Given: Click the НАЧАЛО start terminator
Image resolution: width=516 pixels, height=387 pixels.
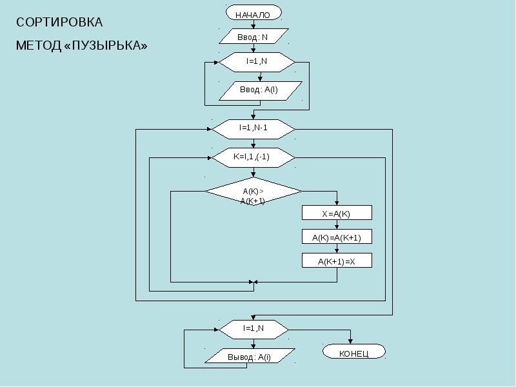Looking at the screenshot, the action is coord(253,13).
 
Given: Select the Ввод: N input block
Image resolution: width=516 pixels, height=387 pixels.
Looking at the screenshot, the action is coord(253,36).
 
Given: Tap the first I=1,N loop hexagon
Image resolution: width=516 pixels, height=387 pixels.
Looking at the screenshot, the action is coord(257,62).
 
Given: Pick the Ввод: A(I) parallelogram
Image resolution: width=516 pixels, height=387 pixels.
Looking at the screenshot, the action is coord(261,91).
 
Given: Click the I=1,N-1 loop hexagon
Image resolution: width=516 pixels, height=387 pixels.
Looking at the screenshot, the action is coord(253,129).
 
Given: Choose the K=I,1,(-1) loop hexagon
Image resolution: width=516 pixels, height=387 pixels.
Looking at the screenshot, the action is coord(253,157).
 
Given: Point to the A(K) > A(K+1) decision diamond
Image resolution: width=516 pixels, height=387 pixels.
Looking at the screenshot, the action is coord(253,192).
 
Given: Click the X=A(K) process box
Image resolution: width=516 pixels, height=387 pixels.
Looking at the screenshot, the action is coord(337,213).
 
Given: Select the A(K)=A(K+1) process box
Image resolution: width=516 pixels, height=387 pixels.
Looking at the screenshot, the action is coord(337,237).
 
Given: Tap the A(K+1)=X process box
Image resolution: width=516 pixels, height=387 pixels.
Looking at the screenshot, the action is coord(337,261).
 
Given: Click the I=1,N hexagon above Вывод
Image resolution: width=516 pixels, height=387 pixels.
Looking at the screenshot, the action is coord(253,330).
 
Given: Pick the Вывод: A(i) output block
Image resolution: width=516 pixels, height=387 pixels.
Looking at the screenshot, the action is coord(250,356).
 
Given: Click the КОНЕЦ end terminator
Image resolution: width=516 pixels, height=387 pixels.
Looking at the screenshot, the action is coord(353,352).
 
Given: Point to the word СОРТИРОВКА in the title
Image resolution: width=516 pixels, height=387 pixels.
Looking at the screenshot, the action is coord(59,23).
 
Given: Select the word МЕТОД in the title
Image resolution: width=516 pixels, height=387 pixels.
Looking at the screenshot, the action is coord(39,45).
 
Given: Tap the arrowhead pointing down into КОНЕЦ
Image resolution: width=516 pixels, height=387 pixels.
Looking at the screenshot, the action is coord(350,342).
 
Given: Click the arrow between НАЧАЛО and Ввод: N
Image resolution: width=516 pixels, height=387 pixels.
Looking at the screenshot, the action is coord(253,25).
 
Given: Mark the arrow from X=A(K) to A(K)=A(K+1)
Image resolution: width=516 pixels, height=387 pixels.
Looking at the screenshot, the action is coord(337,224).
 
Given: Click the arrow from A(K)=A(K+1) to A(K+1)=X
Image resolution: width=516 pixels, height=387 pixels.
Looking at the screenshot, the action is coord(337,248).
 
